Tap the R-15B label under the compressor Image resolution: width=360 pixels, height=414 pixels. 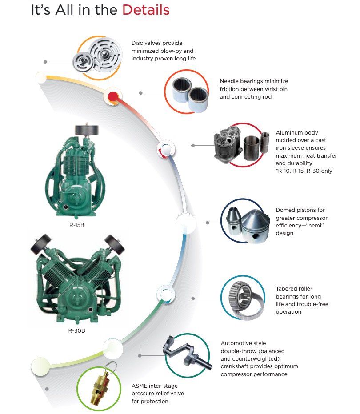[x=76, y=225]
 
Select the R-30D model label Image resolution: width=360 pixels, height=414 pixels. [x=77, y=330]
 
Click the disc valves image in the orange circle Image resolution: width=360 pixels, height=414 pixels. [x=98, y=58]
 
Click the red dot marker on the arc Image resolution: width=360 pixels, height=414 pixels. [x=113, y=96]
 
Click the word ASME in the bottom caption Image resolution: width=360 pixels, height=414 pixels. [x=140, y=386]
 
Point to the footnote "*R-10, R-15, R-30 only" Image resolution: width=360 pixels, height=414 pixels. [x=304, y=171]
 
